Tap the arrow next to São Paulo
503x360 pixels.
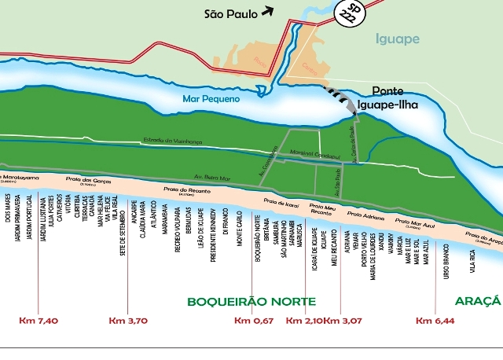tap(269, 10)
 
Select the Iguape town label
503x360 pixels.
tap(398, 39)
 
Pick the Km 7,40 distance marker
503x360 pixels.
tap(39, 320)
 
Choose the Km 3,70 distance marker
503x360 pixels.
tap(127, 320)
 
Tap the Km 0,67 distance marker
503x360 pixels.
tap(254, 320)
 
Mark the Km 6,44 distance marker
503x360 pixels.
tap(435, 320)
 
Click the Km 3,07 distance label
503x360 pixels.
tap(343, 320)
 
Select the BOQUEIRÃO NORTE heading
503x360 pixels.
tap(251, 301)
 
